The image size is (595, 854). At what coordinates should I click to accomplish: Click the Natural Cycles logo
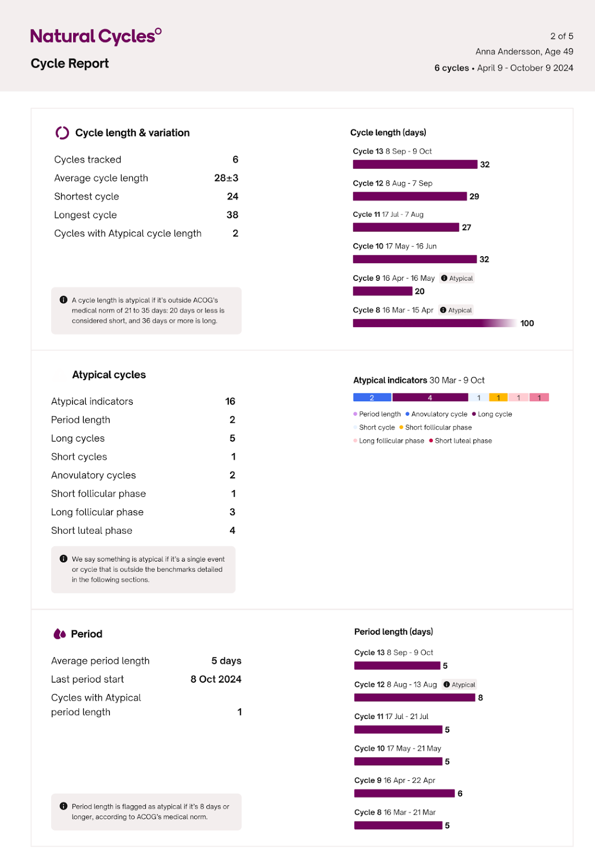coord(96,36)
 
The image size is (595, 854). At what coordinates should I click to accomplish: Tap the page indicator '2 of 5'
coord(561,36)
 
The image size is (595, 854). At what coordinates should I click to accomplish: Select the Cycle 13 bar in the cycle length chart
coord(415,164)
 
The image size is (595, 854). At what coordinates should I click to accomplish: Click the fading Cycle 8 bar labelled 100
coord(434,323)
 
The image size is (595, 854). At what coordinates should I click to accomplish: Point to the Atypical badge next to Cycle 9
coord(457,278)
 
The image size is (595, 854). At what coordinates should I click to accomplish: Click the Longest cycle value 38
coord(232,215)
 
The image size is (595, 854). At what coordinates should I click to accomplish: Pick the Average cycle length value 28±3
coord(226,178)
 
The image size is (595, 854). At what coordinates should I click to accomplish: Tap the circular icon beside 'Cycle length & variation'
coord(62,133)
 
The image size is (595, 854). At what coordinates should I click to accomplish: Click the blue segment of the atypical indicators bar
coord(372,398)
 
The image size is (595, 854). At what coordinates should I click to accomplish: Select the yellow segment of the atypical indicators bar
coord(498,398)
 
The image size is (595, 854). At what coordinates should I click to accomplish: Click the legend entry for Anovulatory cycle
coord(436,414)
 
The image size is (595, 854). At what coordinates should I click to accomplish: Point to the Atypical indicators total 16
coord(230,401)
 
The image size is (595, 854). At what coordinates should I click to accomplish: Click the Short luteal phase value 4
coord(232,531)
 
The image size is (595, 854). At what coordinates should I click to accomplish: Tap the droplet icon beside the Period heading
coord(60,634)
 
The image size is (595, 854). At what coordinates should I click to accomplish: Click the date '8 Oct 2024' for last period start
coord(216,679)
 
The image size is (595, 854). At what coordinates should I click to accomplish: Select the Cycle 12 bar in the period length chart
coord(414,698)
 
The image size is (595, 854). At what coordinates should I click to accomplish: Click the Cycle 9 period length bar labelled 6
coord(404,794)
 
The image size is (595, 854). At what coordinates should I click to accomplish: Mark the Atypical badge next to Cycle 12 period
coord(459,685)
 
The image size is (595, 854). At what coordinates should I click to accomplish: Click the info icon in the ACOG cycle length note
coord(64,300)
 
